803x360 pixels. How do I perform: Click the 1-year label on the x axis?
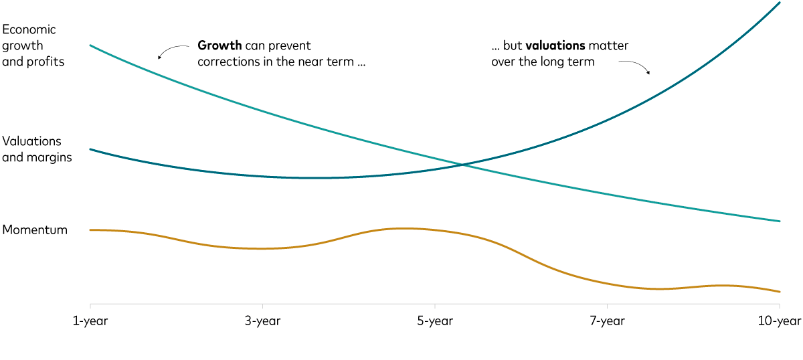(90, 321)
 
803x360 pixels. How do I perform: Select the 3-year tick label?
(262, 321)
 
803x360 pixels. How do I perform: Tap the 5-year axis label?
(435, 321)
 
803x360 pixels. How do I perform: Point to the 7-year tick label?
(607, 321)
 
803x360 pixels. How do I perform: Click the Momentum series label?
(35, 230)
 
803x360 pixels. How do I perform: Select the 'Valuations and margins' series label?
(37, 149)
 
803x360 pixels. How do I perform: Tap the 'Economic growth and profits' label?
(33, 46)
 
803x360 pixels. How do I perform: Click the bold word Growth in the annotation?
(219, 46)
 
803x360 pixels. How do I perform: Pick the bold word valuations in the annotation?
(555, 46)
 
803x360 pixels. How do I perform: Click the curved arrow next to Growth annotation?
(171, 51)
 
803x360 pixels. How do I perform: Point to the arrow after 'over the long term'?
(636, 66)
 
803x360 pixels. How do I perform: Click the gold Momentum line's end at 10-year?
(780, 292)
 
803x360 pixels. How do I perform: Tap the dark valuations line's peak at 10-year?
(780, 3)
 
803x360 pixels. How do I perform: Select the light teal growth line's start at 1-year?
(90, 46)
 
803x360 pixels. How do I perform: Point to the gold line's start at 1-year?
(90, 230)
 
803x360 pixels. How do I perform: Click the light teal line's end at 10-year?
(780, 221)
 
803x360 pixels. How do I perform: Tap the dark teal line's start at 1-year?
(90, 149)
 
